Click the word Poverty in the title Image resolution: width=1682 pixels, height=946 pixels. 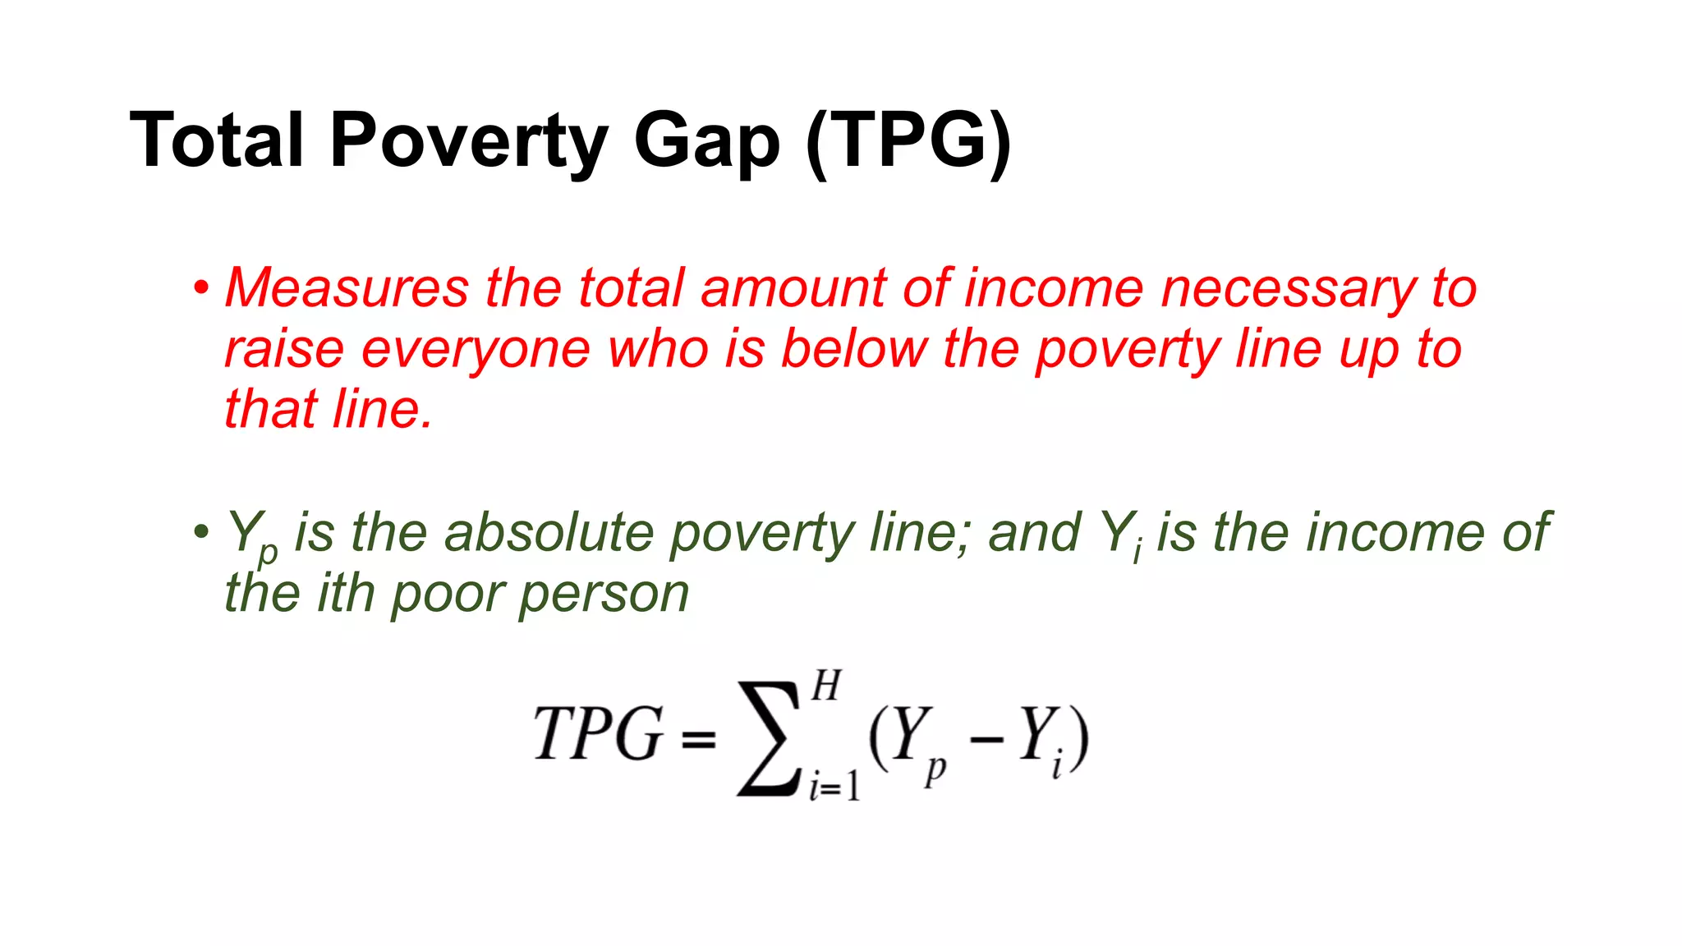click(x=468, y=141)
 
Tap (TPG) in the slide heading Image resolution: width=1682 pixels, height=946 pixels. click(x=908, y=141)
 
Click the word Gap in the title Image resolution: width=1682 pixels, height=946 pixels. click(x=705, y=143)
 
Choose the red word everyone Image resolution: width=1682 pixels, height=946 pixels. click(x=476, y=350)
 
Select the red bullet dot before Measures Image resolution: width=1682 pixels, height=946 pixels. click(x=201, y=288)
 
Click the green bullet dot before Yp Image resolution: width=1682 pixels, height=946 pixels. click(x=201, y=532)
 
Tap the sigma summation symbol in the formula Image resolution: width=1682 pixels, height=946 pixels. click(x=769, y=739)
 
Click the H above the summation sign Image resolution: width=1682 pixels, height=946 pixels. click(x=826, y=686)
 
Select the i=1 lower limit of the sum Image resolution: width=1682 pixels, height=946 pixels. click(x=834, y=787)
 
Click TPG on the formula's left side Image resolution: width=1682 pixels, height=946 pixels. click(x=598, y=733)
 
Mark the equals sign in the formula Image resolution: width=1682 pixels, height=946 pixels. click(x=698, y=740)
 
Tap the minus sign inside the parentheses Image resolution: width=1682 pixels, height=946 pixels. click(x=986, y=740)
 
